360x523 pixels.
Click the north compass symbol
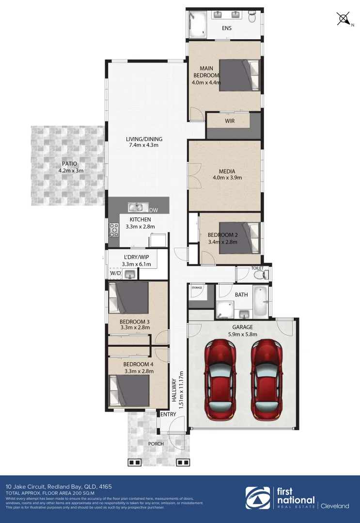344,19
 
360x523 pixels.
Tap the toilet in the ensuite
251,18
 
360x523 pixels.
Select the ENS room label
226,28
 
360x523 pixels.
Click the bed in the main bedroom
240,75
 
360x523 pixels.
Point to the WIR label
230,121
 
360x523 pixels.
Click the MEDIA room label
227,171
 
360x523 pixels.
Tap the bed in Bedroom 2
240,238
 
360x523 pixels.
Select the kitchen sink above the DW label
138,208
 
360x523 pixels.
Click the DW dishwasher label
153,210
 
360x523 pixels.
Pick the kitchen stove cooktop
114,230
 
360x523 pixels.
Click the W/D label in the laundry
115,274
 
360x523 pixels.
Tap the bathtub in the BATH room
261,301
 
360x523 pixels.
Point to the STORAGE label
197,288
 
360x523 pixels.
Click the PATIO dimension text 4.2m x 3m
71,170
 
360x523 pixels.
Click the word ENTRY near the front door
168,414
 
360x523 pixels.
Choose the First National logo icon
258,498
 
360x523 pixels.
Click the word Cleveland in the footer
334,506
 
